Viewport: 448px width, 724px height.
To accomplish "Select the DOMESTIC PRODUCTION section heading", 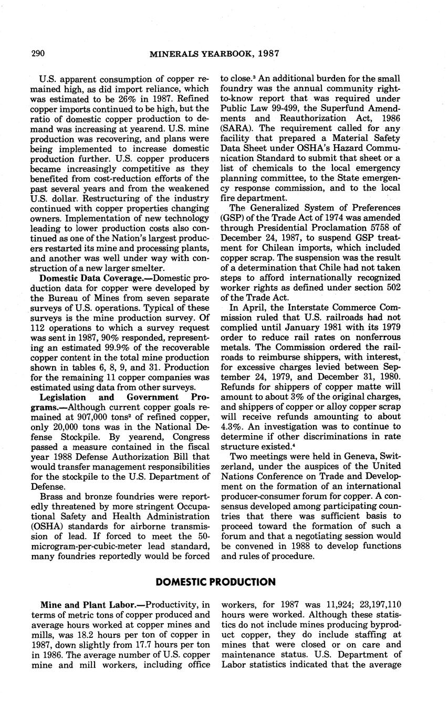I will pos(215,582).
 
